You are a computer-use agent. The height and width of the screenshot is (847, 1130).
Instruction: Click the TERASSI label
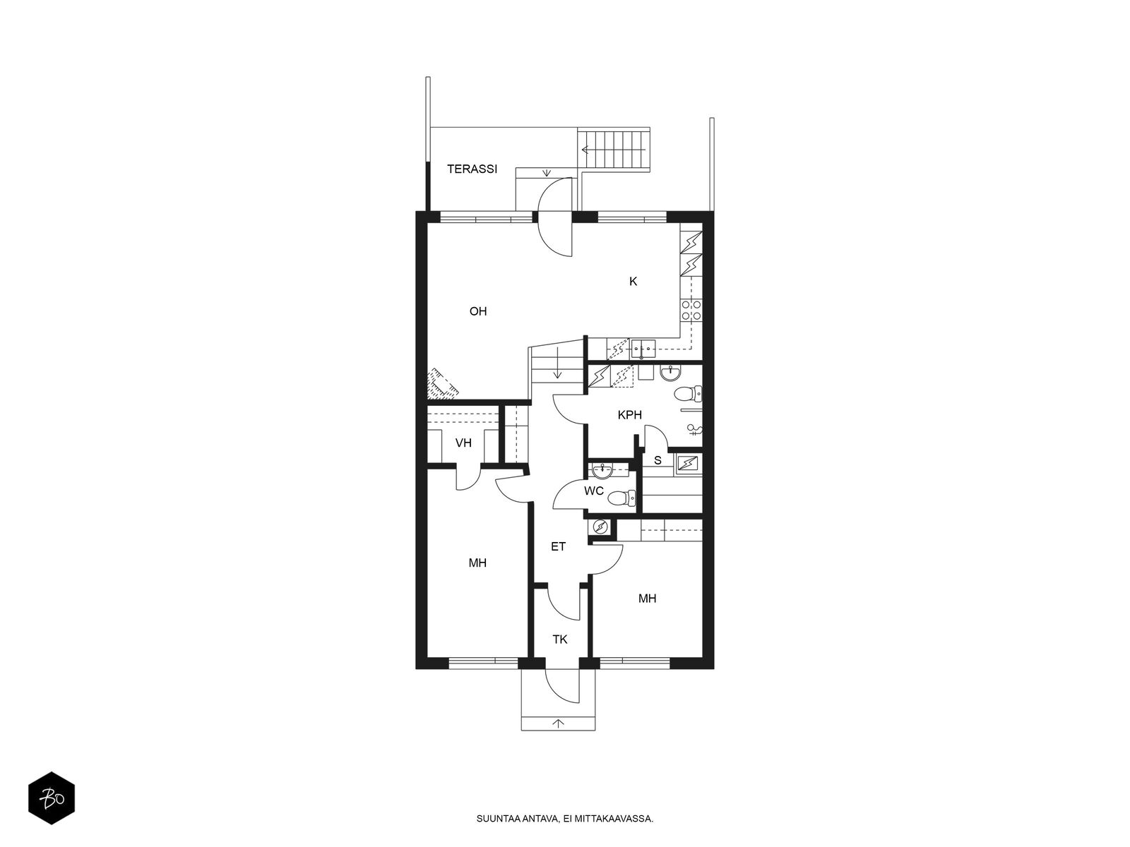472,169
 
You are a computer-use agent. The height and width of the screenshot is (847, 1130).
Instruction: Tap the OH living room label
477,311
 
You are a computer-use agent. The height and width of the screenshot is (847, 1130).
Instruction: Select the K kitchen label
634,282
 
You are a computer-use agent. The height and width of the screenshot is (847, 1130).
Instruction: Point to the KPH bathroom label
629,415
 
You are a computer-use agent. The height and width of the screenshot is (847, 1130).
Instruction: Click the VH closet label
463,443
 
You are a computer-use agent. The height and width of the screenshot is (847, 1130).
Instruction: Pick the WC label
593,491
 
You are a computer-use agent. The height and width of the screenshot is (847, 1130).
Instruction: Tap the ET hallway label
558,546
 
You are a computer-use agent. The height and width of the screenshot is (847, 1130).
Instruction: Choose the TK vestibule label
559,639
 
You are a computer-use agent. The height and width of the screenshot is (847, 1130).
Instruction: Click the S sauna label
658,460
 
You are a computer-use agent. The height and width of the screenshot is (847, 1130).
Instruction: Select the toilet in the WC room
621,498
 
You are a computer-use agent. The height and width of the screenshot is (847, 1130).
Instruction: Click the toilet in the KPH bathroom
688,395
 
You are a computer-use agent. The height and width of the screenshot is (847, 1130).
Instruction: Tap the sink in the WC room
603,469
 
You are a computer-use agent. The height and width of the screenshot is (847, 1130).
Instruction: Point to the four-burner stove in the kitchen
691,310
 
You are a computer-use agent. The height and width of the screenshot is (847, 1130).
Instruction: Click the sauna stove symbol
688,464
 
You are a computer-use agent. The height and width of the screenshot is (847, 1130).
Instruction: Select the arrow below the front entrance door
558,723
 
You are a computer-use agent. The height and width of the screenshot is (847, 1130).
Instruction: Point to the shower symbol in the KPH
694,429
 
